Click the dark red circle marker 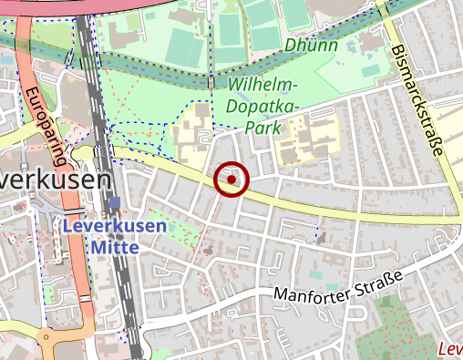231,180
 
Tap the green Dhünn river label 311,45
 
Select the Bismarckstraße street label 419,101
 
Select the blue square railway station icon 114,203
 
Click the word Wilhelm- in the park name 264,85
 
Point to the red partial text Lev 450,349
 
